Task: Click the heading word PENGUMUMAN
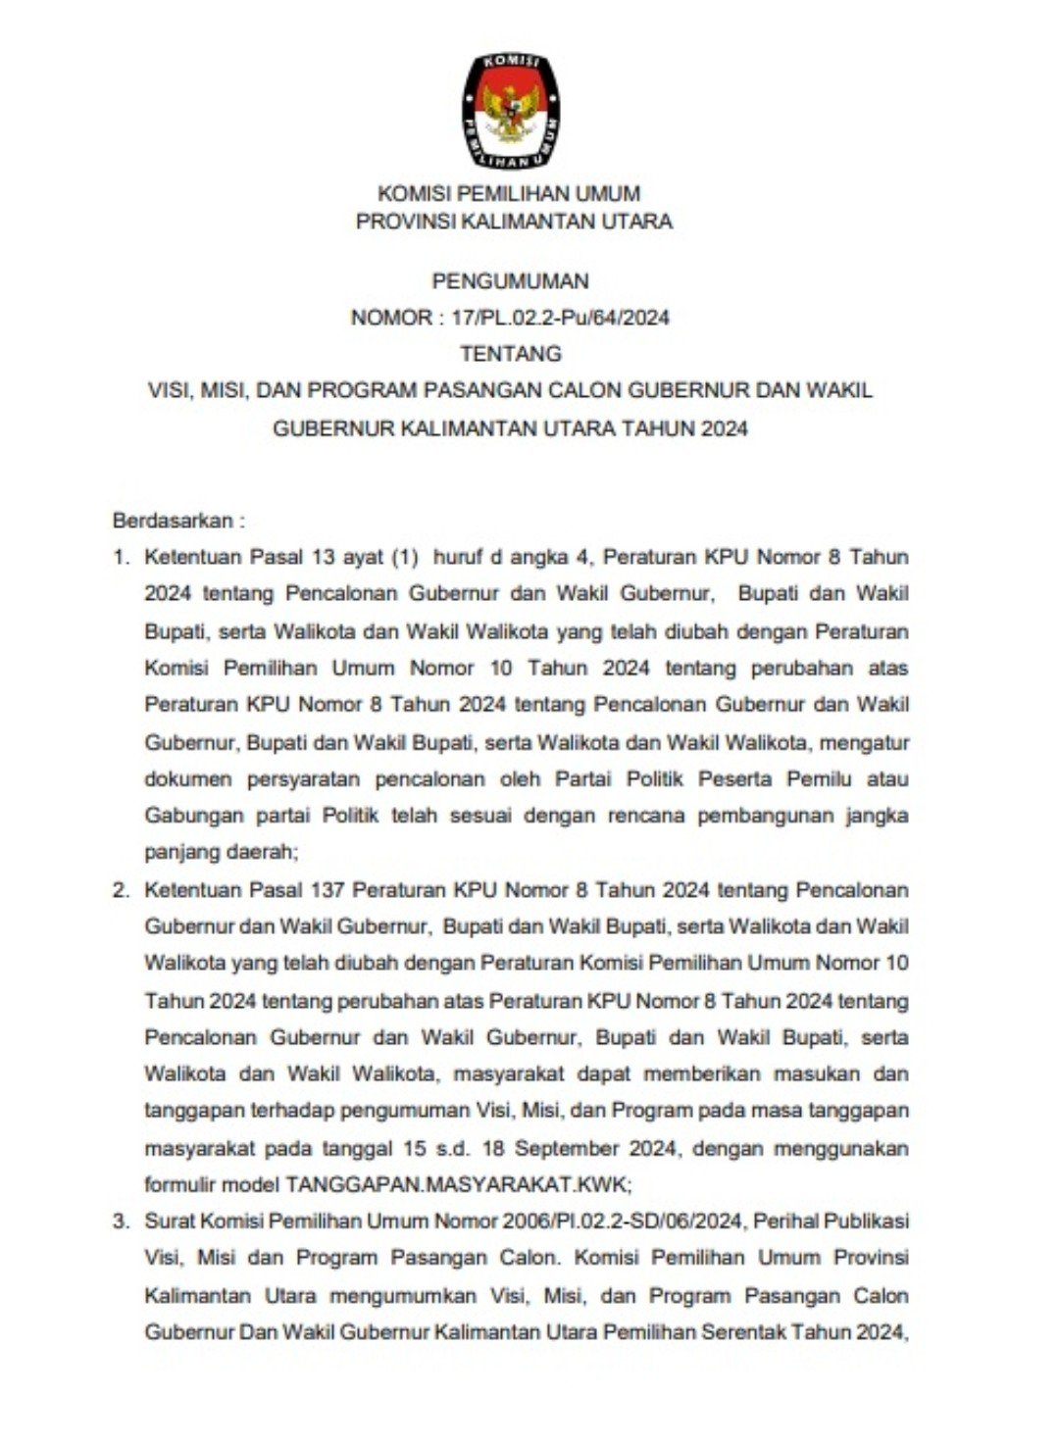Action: click(x=510, y=281)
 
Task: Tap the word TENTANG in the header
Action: click(x=510, y=354)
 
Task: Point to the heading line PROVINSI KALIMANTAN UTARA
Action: click(x=514, y=222)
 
